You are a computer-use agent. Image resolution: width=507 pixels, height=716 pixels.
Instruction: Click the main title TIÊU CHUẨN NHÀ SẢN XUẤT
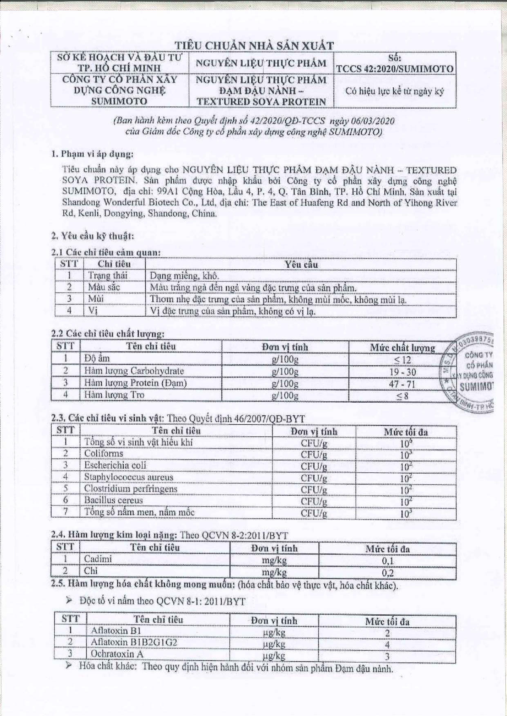click(x=254, y=46)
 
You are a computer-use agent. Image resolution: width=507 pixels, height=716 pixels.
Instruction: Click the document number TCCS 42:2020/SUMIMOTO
click(x=394, y=69)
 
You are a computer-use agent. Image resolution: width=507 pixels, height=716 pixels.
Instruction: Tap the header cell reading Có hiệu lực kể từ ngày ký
click(x=394, y=91)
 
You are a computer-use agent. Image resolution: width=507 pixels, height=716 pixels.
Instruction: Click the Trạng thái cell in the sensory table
click(x=108, y=276)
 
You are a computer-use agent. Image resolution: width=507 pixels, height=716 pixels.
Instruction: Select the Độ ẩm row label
click(x=97, y=359)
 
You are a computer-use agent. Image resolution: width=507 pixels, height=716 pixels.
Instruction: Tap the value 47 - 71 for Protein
click(x=402, y=384)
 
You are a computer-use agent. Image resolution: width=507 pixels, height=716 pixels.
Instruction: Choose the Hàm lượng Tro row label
click(x=114, y=395)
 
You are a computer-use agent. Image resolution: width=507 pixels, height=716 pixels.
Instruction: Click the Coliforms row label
click(x=104, y=453)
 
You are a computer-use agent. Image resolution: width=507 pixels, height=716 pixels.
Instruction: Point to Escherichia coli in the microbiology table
click(x=115, y=465)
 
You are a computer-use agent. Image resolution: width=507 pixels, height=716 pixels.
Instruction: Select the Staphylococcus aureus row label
click(x=128, y=477)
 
